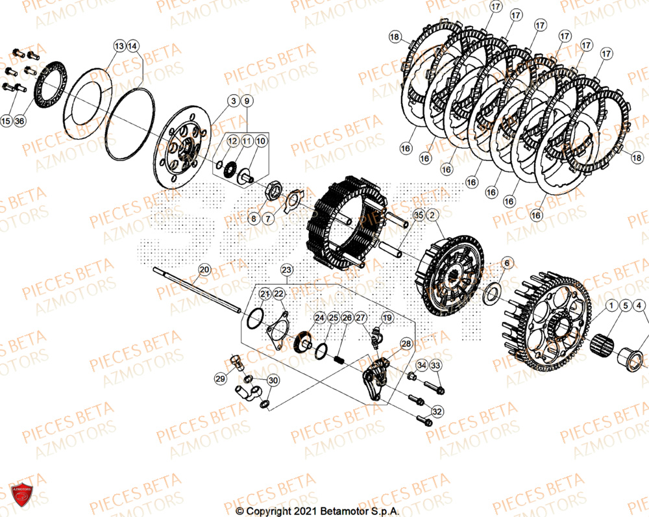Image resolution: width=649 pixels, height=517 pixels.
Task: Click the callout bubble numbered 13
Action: coord(119,46)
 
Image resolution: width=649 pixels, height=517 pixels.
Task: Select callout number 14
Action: coord(132,46)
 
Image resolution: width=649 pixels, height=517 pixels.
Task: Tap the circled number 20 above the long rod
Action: coord(204,270)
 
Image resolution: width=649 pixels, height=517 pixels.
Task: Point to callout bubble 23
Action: coord(287,270)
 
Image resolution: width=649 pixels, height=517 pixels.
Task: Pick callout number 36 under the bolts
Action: coord(19,121)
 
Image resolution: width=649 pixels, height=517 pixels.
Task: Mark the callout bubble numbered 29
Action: coord(220,378)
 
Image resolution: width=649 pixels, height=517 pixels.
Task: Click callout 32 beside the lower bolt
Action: coord(437,411)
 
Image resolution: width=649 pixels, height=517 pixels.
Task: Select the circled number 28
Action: coord(406,343)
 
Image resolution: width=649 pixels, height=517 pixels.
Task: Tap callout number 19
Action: coord(387,318)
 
